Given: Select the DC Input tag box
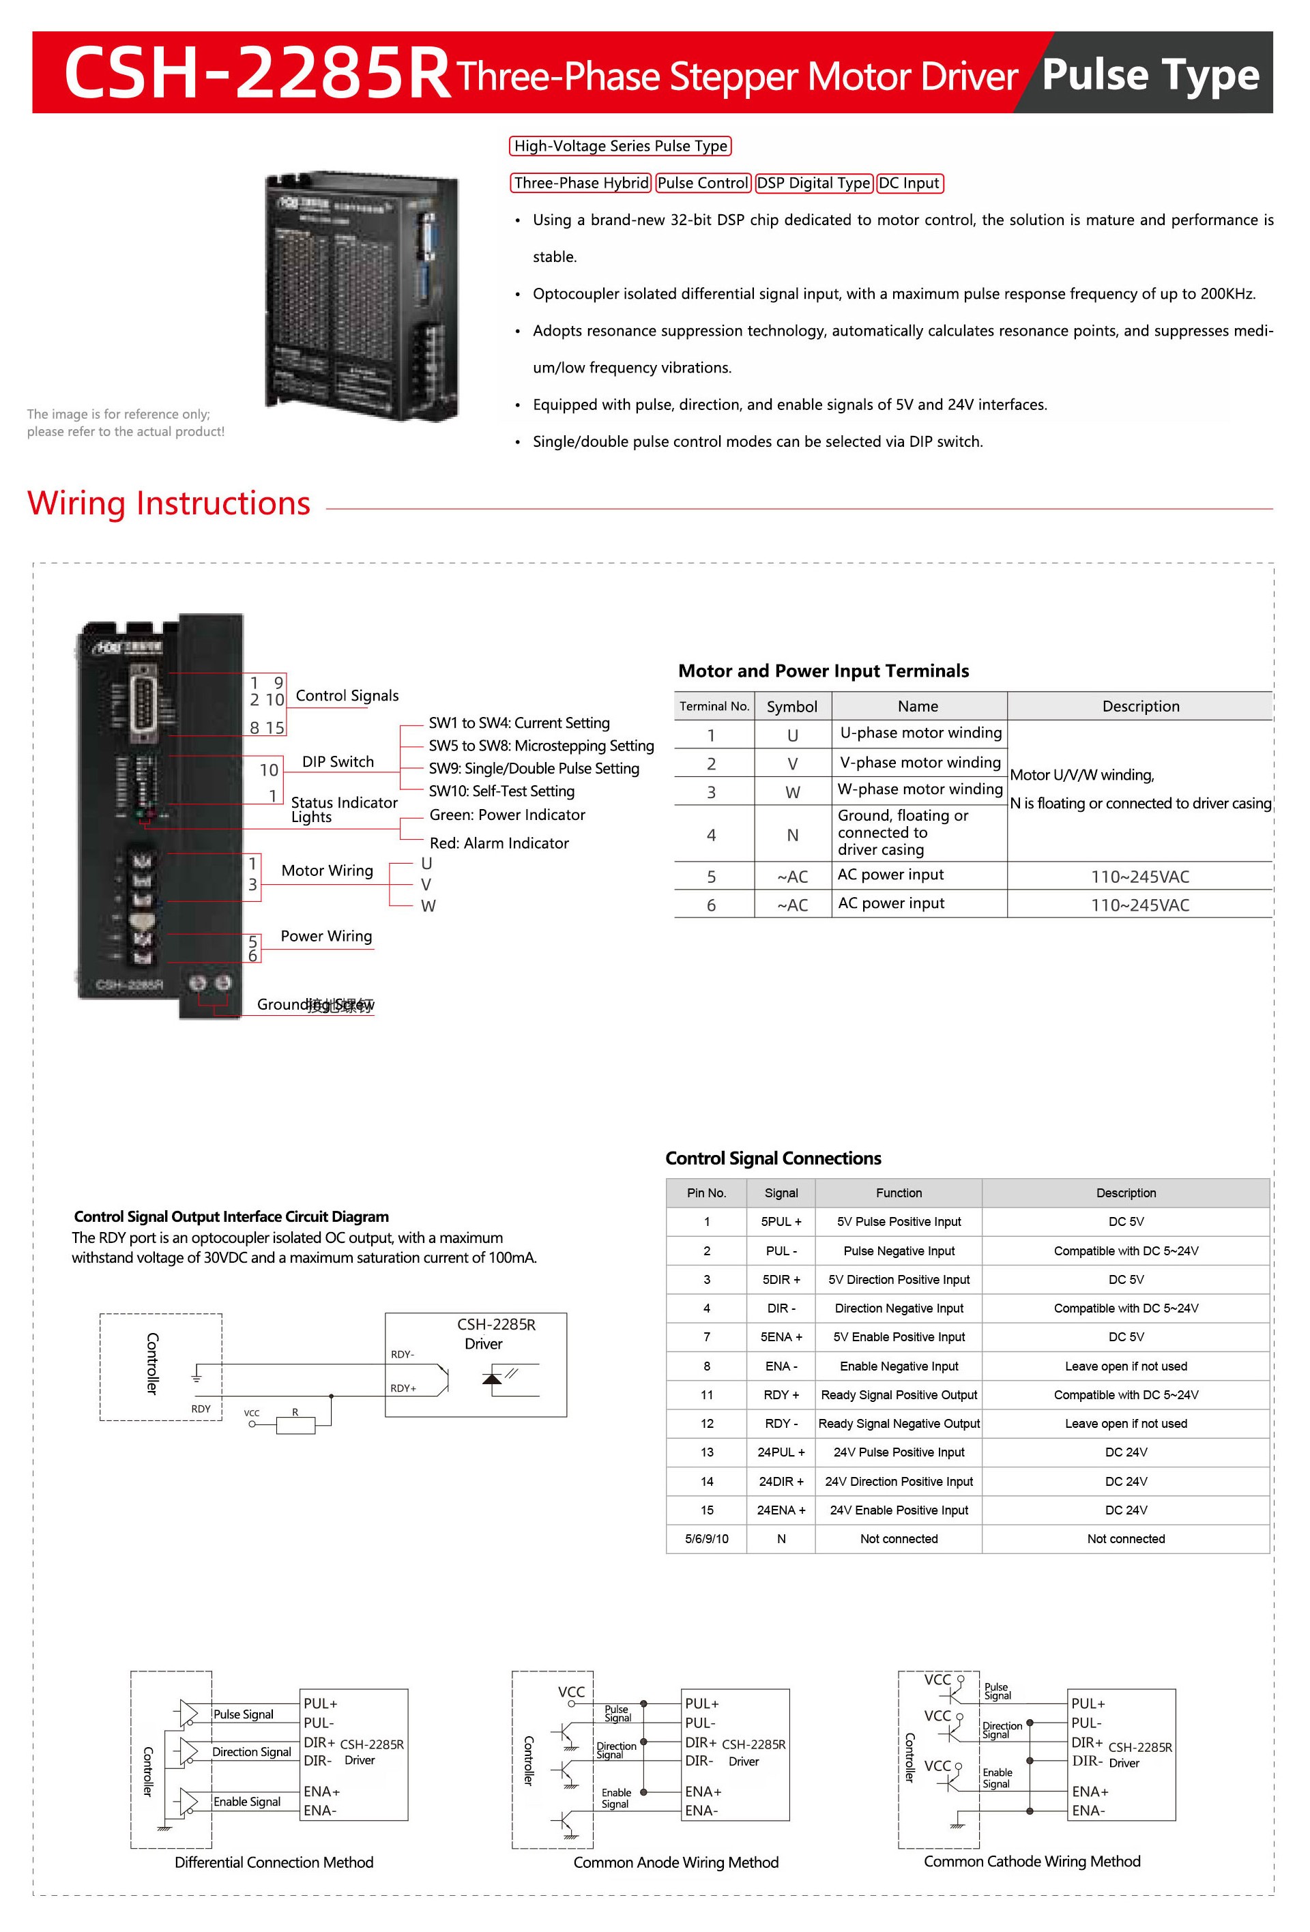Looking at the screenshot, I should click(x=909, y=183).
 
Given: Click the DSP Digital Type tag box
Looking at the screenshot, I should click(x=813, y=183).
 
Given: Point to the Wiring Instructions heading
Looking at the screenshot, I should click(x=169, y=503).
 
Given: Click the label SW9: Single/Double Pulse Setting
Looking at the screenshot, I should click(x=534, y=768).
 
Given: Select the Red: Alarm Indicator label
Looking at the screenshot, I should click(x=499, y=843).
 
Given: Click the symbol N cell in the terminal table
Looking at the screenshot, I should click(x=792, y=834).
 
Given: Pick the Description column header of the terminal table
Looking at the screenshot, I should click(x=1139, y=706).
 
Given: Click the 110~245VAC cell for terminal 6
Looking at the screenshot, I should click(x=1139, y=905).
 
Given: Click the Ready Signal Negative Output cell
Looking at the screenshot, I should click(x=899, y=1423).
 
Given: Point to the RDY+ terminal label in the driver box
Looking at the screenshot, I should click(x=403, y=1388).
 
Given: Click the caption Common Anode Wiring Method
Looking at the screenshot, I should click(x=675, y=1862).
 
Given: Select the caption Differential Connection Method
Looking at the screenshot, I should click(x=274, y=1862).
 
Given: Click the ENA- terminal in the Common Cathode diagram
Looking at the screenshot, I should click(x=1088, y=1811).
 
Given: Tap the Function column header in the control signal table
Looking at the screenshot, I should click(x=899, y=1193).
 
